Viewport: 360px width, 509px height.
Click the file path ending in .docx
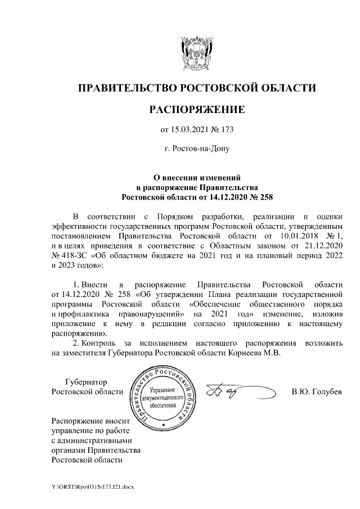pos(91,485)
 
